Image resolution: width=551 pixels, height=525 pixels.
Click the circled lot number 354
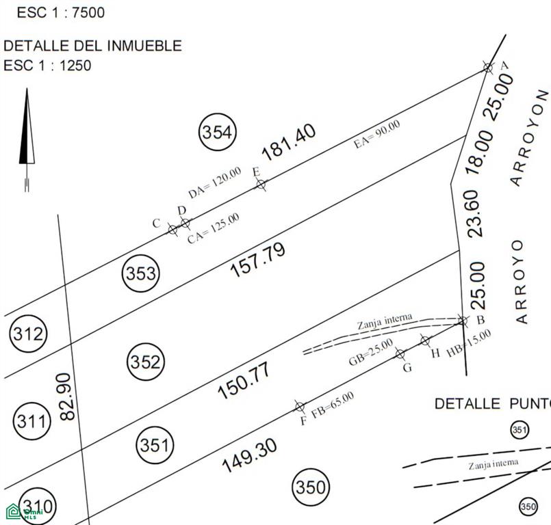click(x=218, y=132)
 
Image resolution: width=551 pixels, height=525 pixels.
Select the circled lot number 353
click(x=141, y=273)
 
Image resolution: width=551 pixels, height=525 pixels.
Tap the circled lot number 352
click(x=146, y=362)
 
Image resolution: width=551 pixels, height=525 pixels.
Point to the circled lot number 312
click(x=28, y=334)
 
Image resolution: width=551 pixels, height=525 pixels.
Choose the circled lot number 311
click(x=31, y=421)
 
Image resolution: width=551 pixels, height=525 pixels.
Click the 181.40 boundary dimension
click(x=289, y=142)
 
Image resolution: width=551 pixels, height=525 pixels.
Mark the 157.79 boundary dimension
click(x=257, y=260)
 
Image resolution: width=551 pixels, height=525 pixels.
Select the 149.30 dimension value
click(x=250, y=455)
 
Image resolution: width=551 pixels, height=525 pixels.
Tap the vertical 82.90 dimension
click(x=68, y=396)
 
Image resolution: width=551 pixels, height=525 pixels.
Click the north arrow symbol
click(x=27, y=139)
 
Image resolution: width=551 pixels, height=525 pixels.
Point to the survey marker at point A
click(x=488, y=68)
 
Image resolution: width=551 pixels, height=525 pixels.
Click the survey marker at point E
click(x=261, y=185)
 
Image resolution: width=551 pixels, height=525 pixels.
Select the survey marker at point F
click(x=299, y=407)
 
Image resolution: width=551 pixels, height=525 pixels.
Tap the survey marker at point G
click(x=400, y=353)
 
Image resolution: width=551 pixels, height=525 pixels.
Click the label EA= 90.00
click(x=376, y=134)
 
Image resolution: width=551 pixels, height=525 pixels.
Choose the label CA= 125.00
click(x=214, y=228)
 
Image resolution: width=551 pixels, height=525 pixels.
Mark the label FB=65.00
click(x=333, y=405)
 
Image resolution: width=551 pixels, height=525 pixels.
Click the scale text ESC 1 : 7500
click(x=61, y=12)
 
